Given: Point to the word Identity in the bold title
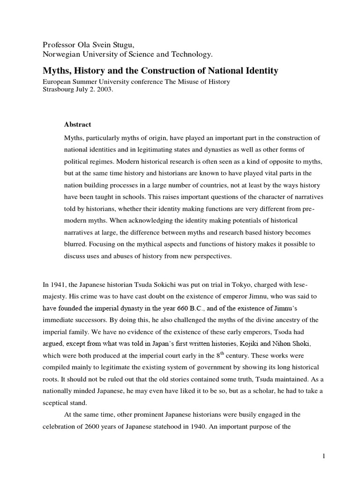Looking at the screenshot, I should [x=261, y=71].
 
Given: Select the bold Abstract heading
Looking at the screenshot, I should [x=77, y=125].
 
